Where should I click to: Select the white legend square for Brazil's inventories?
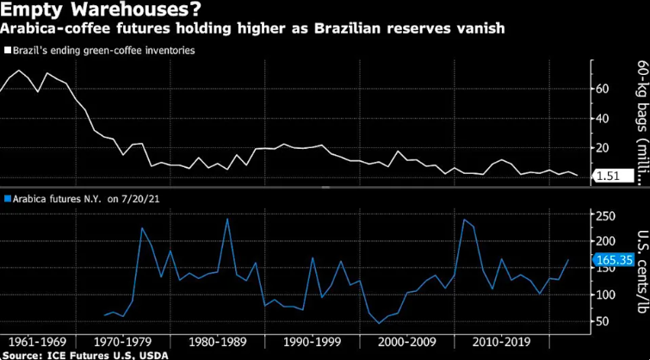6,51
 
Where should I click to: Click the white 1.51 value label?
613,177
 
